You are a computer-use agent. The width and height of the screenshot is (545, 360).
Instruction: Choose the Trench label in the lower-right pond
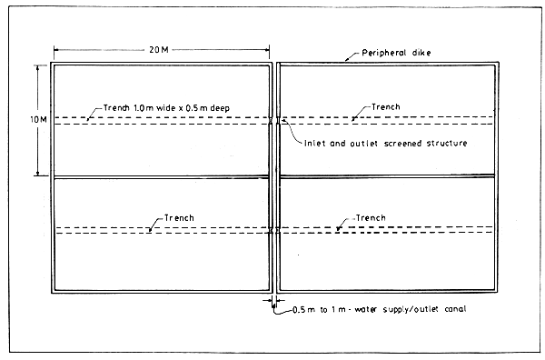369,218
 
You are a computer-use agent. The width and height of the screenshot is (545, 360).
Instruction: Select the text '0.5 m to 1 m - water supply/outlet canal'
379,312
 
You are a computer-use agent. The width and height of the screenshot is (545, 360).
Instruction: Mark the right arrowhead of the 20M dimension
270,48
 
